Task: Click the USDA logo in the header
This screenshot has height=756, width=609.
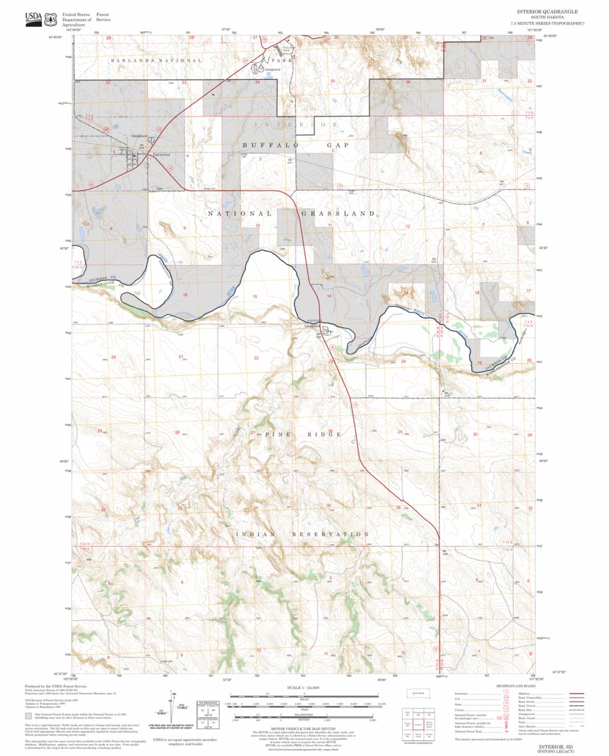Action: [x=33, y=18]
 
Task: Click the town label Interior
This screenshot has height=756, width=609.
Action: [x=162, y=154]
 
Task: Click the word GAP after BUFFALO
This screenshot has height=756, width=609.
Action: [x=338, y=144]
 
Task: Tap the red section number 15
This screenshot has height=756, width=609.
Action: [x=255, y=296]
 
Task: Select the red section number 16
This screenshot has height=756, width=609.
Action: [x=185, y=295]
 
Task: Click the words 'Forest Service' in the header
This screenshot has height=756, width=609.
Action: [x=102, y=18]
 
